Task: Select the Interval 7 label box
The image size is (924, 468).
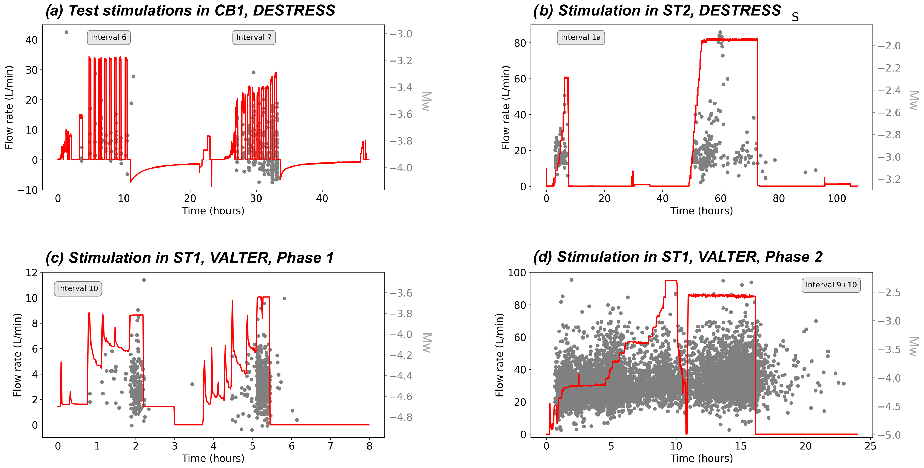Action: pos(254,37)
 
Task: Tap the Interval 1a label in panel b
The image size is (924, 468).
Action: pos(580,37)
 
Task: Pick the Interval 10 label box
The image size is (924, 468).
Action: pos(78,288)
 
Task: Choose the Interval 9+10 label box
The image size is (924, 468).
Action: pos(831,285)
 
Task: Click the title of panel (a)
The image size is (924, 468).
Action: pos(190,11)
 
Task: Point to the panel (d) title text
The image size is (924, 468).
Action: pos(678,257)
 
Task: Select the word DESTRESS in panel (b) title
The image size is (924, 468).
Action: pos(740,11)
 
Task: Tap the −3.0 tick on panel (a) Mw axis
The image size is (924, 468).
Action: pos(401,34)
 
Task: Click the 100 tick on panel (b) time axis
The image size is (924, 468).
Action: pos(836,198)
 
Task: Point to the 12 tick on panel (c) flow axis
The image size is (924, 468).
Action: pos(32,273)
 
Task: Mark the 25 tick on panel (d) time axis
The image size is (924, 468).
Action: pos(870,446)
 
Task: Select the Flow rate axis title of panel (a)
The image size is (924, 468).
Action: pos(9,107)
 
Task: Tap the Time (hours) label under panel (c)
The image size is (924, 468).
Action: pos(213,458)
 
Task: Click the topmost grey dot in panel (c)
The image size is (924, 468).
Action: pos(144,280)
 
